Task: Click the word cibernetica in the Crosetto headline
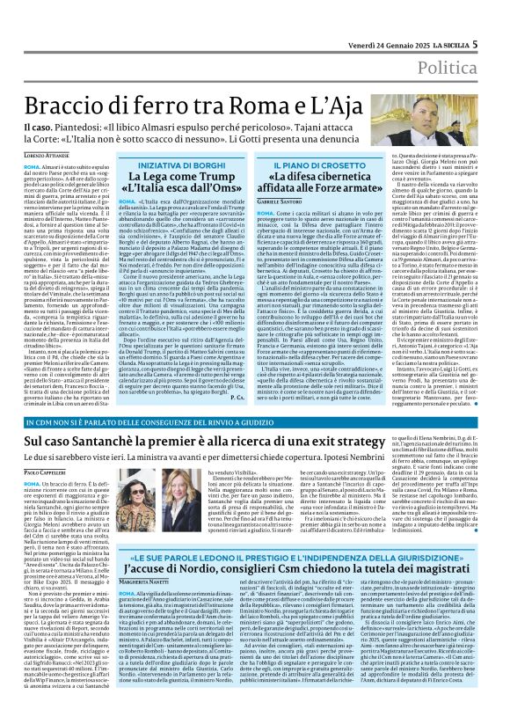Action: (x=313, y=176)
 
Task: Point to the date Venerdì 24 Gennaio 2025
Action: (x=376, y=18)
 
